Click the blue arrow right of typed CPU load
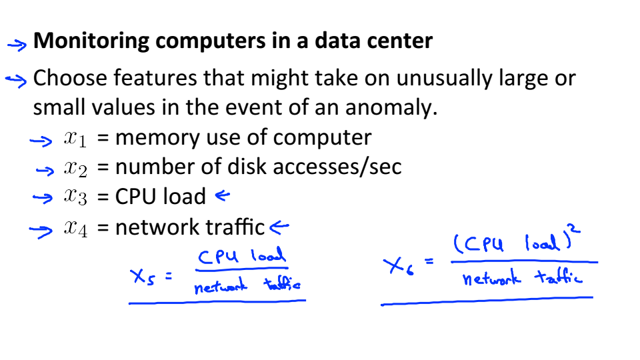pos(222,196)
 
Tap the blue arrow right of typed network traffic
pos(279,227)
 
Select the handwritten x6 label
pos(398,267)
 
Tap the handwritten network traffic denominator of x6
pos(522,277)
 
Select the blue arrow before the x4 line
pos(40,231)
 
